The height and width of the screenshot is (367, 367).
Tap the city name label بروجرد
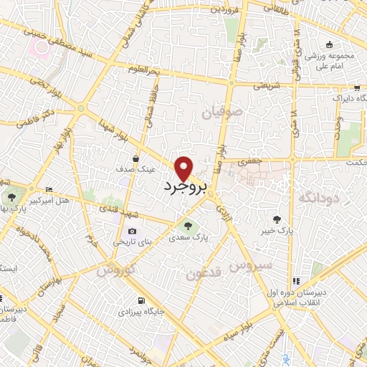point(185,189)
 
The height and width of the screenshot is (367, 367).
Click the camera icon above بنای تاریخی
point(132,231)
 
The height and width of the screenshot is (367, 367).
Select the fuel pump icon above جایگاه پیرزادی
point(139,300)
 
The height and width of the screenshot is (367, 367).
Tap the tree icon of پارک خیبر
point(277,219)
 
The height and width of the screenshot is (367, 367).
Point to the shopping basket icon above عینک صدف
point(135,158)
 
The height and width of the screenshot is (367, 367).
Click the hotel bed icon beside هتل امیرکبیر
point(48,189)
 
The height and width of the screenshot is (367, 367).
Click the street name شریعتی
point(262,85)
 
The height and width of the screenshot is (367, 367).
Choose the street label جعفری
point(249,162)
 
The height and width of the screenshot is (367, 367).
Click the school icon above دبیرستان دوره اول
point(295,281)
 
